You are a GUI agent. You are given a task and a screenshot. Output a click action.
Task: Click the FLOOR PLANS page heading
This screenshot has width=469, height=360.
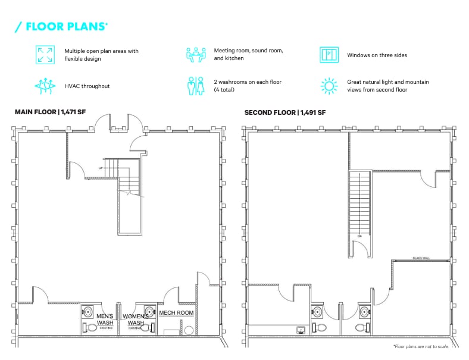pyautogui.click(x=61, y=26)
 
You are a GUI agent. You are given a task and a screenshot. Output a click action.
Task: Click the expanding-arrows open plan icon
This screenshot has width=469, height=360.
pyautogui.click(x=45, y=55)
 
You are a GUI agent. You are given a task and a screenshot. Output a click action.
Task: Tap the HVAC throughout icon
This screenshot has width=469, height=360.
pyautogui.click(x=45, y=86)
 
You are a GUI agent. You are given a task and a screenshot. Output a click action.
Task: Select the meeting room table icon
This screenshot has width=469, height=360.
pyautogui.click(x=195, y=55)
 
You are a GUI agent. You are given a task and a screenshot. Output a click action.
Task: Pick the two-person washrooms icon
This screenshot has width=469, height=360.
pyautogui.click(x=195, y=86)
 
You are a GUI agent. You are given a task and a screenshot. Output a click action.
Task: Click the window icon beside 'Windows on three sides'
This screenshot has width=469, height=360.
pyautogui.click(x=329, y=55)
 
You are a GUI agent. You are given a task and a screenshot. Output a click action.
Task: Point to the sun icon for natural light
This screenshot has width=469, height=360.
pyautogui.click(x=329, y=86)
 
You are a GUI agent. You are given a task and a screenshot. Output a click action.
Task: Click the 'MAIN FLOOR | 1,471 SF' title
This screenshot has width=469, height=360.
pyautogui.click(x=52, y=112)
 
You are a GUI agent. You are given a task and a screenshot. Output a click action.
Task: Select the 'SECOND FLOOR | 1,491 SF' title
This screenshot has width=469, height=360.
pyautogui.click(x=284, y=112)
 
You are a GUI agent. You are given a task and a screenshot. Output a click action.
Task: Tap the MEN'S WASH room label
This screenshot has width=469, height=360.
pyautogui.click(x=105, y=320)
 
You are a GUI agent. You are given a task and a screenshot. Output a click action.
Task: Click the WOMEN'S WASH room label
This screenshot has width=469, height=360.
pyautogui.click(x=135, y=320)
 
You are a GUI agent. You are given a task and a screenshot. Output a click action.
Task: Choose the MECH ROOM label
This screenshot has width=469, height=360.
pyautogui.click(x=176, y=312)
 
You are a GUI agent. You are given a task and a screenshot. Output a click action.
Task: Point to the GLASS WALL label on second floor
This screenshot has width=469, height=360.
pyautogui.click(x=421, y=258)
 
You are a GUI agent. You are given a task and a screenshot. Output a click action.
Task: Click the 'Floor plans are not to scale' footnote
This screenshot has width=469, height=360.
pyautogui.click(x=421, y=346)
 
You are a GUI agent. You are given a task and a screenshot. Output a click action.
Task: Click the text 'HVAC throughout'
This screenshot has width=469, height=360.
pyautogui.click(x=87, y=86)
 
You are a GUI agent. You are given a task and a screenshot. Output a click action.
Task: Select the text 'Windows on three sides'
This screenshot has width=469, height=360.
pyautogui.click(x=377, y=55)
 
